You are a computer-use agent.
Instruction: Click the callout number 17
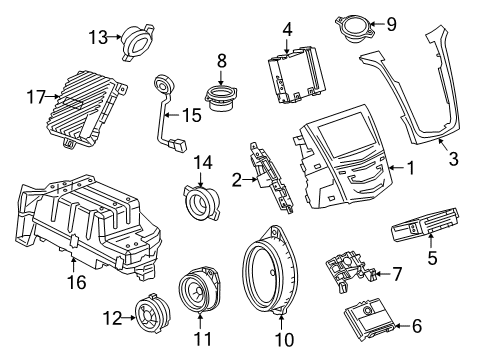36,97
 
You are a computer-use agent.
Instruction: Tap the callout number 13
97,37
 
